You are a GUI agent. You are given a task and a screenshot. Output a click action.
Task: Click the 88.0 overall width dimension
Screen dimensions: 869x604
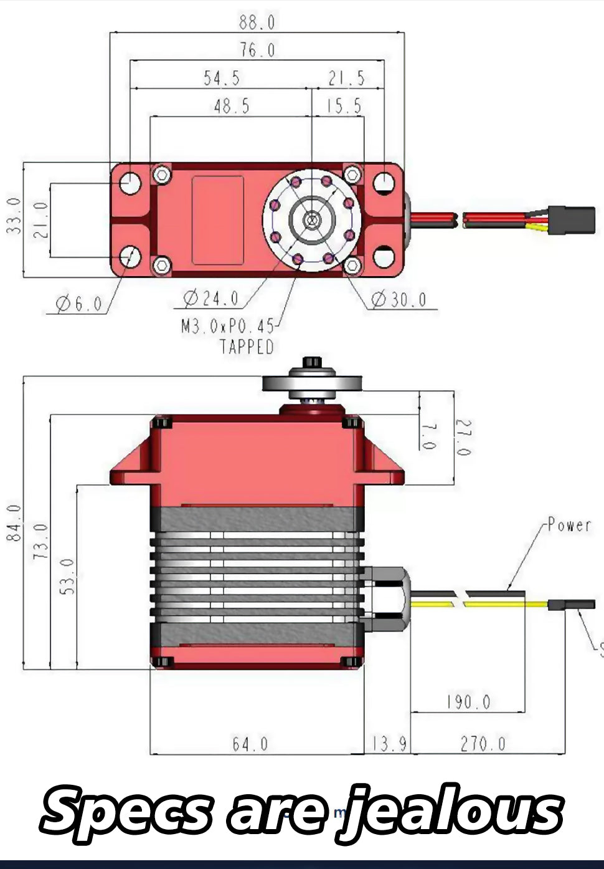(257, 22)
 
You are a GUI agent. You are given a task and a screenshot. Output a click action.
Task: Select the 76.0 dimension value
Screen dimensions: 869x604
(257, 50)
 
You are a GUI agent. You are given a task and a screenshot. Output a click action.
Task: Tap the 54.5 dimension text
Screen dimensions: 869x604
(222, 79)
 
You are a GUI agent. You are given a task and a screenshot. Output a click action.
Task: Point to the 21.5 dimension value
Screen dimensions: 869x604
(347, 79)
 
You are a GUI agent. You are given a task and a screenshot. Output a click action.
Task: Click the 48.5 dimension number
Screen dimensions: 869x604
(232, 107)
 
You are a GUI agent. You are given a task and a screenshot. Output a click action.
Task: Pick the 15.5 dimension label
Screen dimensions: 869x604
(344, 107)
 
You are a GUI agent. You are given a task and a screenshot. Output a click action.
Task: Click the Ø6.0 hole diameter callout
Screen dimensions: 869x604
(79, 304)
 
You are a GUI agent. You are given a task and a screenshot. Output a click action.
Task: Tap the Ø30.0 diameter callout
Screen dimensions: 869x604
(400, 300)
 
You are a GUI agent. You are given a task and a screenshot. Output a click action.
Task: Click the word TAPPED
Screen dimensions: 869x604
(247, 347)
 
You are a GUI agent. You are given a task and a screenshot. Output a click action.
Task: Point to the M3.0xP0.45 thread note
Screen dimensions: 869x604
(228, 326)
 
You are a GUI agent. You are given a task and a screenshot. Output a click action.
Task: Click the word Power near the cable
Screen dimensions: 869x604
(569, 526)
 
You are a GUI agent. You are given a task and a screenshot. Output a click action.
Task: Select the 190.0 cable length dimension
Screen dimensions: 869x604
(468, 703)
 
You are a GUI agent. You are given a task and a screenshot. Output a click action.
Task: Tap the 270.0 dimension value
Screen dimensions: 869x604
(483, 744)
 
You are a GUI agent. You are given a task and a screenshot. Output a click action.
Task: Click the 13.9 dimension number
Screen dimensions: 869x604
(390, 744)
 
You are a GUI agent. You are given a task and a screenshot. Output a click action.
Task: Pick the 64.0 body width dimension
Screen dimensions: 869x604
(250, 744)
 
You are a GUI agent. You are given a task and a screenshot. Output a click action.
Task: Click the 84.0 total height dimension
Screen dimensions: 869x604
(15, 523)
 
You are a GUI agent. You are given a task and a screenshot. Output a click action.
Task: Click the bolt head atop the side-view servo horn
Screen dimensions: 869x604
(313, 363)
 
